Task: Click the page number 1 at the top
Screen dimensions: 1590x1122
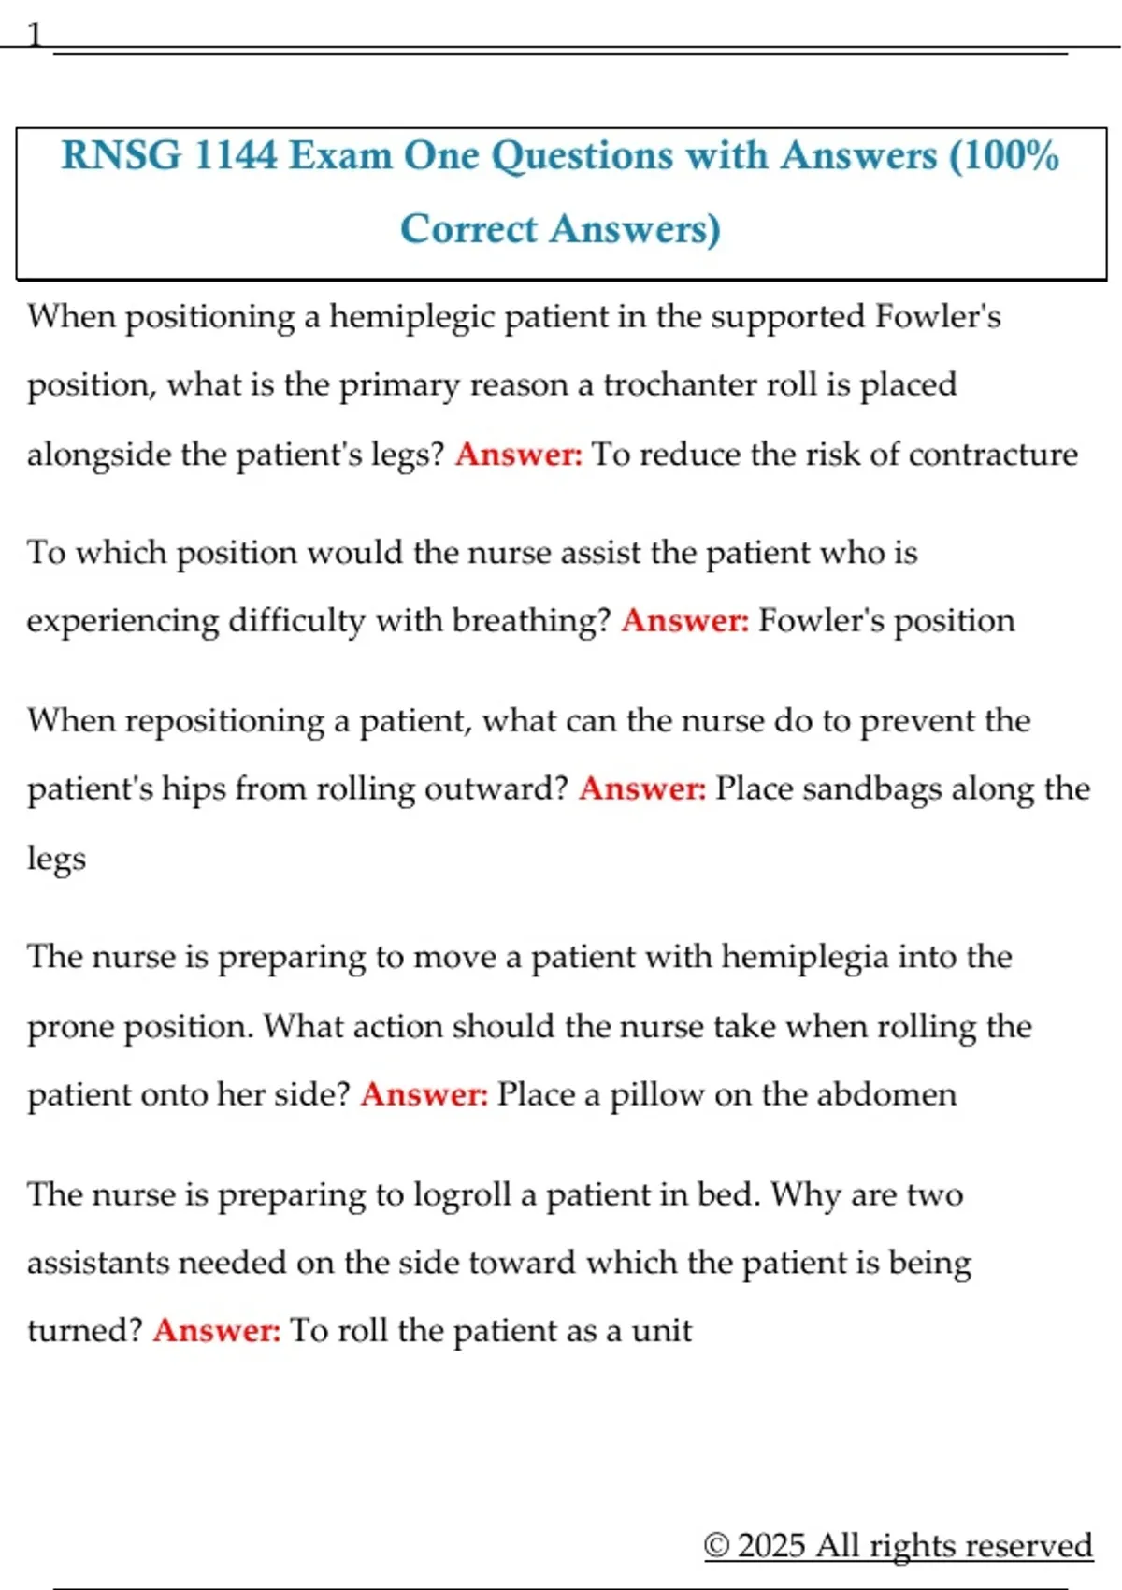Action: pyautogui.click(x=35, y=35)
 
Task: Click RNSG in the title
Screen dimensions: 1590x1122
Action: pyautogui.click(x=121, y=155)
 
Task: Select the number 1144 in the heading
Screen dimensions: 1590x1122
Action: pyautogui.click(x=235, y=155)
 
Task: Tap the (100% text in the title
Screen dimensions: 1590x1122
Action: pyautogui.click(x=1004, y=155)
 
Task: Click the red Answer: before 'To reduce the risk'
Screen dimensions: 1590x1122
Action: pyautogui.click(x=519, y=455)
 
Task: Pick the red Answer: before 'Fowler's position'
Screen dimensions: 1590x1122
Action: pyautogui.click(x=685, y=621)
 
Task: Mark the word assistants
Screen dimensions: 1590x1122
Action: pyautogui.click(x=98, y=1264)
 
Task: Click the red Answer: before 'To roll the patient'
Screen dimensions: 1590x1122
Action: pyautogui.click(x=217, y=1331)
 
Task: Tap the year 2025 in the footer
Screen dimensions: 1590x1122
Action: pyautogui.click(x=770, y=1545)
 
